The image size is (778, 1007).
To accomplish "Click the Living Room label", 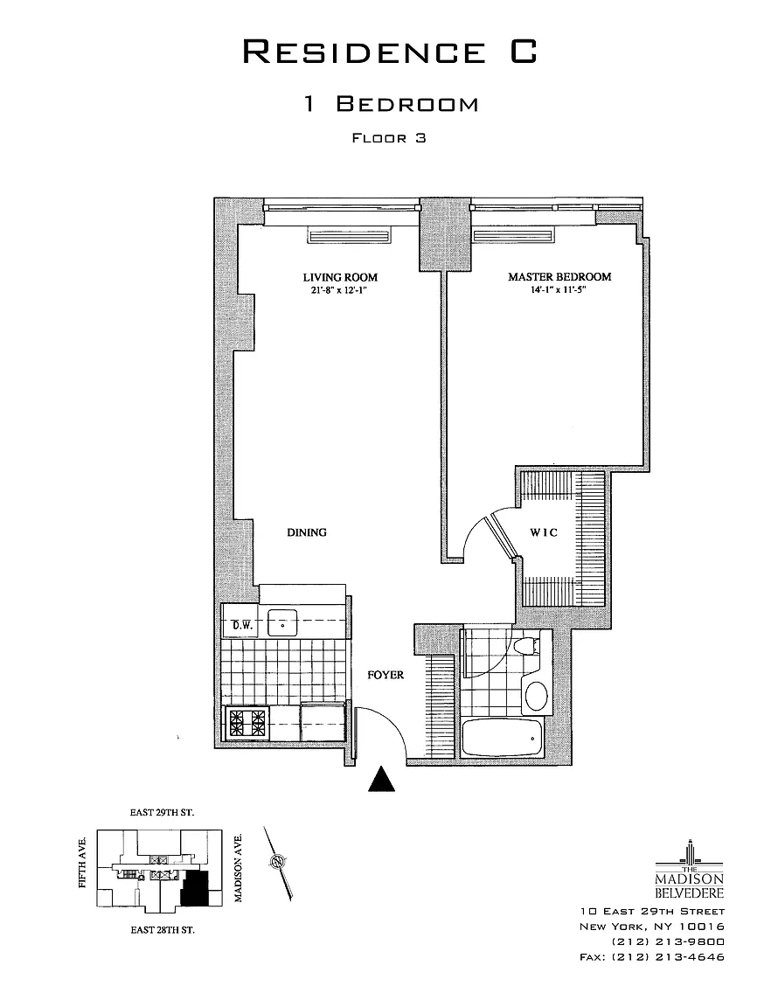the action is point(340,277).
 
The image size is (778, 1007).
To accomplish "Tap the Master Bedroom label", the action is point(559,277).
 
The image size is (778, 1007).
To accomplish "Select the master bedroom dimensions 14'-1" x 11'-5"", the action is point(559,289).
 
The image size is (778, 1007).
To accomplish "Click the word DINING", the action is point(307,532).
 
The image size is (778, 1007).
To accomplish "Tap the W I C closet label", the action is point(544,532).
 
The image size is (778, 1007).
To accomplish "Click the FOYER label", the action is point(386,675).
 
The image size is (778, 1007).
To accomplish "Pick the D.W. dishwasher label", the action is point(241,625).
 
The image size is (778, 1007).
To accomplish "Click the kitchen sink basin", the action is point(282,623).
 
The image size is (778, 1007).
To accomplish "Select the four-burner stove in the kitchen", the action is point(248,723).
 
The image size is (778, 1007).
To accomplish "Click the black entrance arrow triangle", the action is point(382,780).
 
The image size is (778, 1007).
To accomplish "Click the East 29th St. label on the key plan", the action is point(162,812).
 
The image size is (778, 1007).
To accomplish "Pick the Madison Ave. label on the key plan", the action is point(239,868).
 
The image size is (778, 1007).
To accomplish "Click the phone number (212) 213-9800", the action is point(668,941).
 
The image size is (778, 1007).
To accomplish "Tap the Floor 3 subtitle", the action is point(389,137).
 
